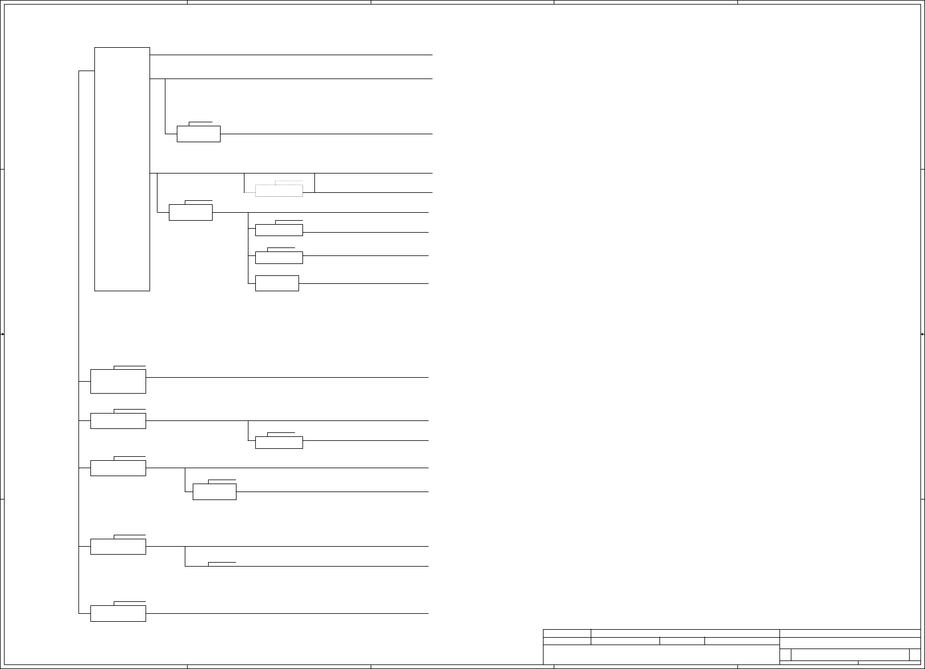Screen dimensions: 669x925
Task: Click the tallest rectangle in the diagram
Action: [x=122, y=169]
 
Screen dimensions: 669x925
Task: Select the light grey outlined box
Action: [x=279, y=191]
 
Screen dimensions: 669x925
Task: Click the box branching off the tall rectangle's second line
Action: [x=198, y=134]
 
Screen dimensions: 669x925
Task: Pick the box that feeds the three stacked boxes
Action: [x=190, y=213]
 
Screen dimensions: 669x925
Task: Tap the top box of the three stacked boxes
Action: [x=279, y=230]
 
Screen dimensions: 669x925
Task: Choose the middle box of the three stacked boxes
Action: [x=279, y=258]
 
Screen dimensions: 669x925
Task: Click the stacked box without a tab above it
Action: [x=277, y=283]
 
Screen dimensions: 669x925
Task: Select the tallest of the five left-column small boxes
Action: [x=118, y=381]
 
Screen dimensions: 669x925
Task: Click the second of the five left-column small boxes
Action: [x=118, y=421]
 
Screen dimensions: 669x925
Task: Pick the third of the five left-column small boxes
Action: [x=118, y=468]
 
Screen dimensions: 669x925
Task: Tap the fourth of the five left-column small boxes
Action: [x=118, y=547]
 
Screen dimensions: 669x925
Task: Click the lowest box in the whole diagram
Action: [x=118, y=614]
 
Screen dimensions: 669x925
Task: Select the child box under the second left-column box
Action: [x=279, y=443]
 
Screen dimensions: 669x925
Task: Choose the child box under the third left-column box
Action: [x=214, y=492]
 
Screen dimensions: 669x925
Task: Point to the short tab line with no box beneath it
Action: [x=222, y=562]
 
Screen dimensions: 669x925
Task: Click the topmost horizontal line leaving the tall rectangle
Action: [x=290, y=55]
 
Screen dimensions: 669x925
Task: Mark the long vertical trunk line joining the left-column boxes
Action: [x=78, y=341]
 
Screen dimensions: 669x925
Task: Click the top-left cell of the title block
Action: [x=567, y=633]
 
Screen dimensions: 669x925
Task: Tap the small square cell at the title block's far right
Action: [x=914, y=655]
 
